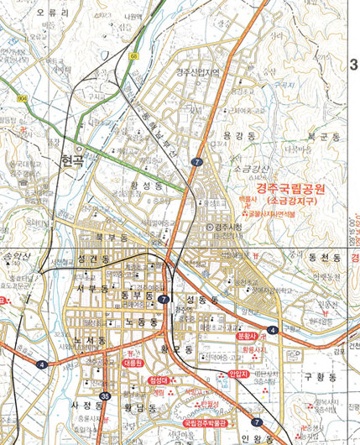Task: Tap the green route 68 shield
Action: tap(133, 56)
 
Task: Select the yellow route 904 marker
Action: tap(20, 98)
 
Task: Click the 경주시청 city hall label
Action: tap(226, 228)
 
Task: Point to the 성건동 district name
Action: tap(92, 262)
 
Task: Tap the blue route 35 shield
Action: tap(104, 395)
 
